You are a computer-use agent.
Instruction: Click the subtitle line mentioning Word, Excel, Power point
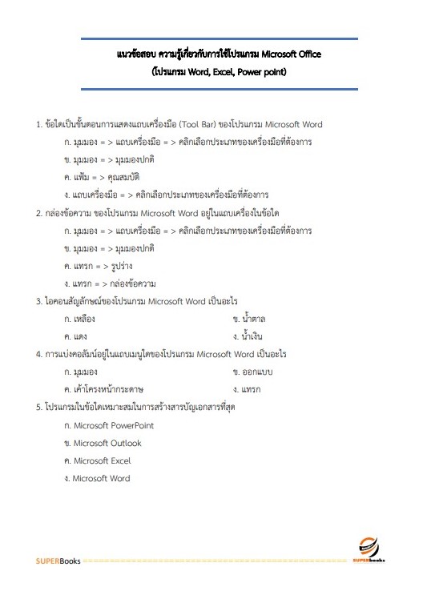coord(219,71)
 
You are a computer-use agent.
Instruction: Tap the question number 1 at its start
coord(39,125)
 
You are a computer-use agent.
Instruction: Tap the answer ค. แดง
coord(75,336)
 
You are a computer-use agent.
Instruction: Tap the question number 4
coord(39,353)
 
